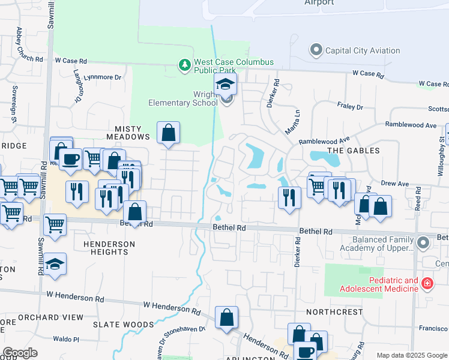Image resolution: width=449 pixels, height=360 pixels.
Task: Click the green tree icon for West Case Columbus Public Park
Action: coord(185,64)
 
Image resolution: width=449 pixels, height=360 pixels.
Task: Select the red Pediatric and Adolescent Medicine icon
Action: coord(427,283)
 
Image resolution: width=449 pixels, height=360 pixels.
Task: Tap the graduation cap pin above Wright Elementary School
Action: coord(226,84)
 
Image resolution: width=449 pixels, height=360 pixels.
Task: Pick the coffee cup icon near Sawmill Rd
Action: coord(70,159)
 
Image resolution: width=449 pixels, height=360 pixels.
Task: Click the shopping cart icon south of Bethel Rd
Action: coord(55,225)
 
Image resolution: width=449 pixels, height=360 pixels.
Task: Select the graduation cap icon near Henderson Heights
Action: coord(55,264)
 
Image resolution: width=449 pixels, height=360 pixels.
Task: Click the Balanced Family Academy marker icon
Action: coord(424,243)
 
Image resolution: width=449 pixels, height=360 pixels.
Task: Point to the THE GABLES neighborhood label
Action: coord(354,151)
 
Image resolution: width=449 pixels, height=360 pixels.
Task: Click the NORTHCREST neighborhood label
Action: coord(334,312)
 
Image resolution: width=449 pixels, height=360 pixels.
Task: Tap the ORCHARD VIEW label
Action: coord(42,317)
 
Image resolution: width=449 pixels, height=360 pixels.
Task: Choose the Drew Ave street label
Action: coord(396,184)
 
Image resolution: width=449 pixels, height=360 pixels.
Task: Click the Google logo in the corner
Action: coord(20,353)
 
